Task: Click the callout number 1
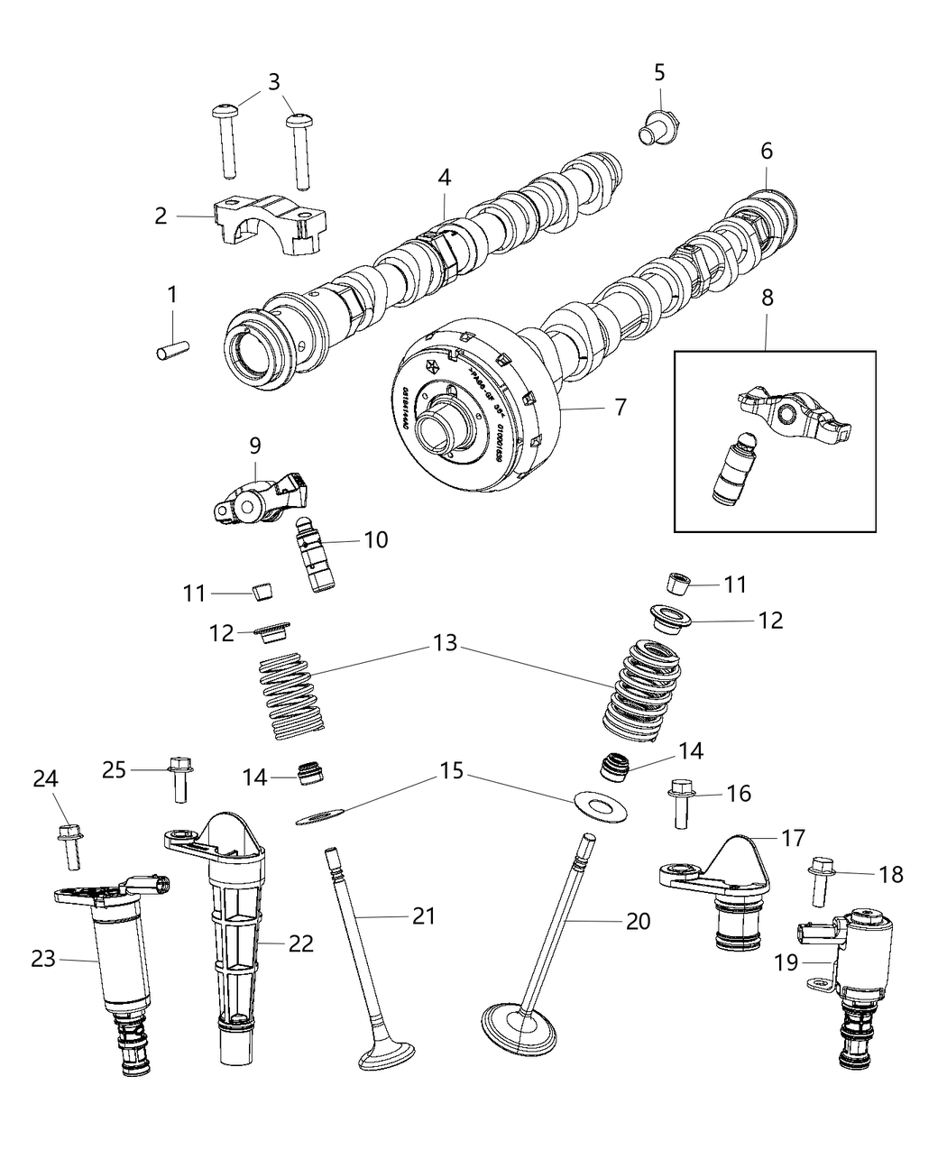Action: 171,294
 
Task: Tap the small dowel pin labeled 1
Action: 172,346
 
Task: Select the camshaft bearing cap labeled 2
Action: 270,226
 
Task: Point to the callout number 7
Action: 621,407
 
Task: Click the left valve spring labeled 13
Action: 286,695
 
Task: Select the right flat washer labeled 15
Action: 595,802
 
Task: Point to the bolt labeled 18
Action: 823,879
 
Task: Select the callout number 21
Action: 423,916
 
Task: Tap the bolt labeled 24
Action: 70,842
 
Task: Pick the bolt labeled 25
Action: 179,777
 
